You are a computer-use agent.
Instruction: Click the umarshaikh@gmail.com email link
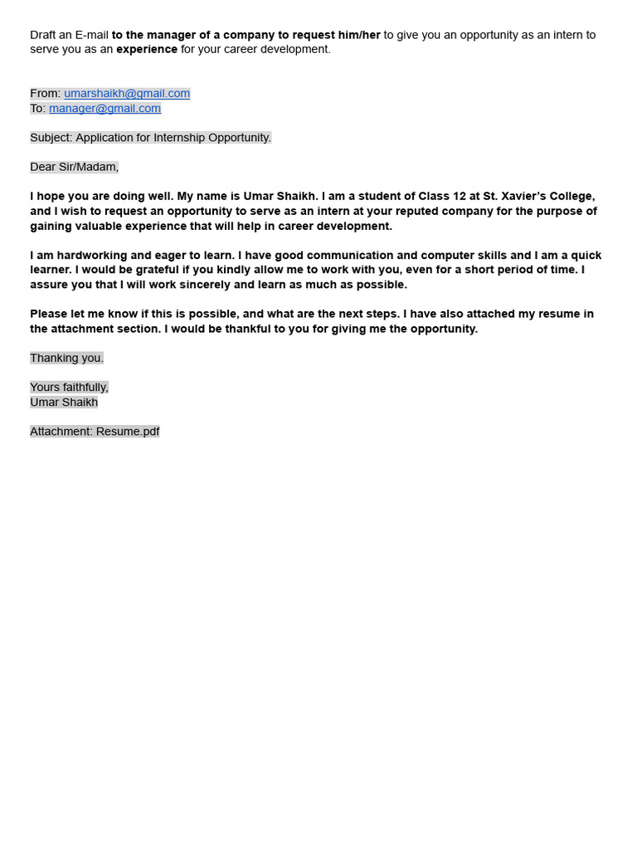[127, 94]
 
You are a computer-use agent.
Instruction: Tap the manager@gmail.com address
[105, 109]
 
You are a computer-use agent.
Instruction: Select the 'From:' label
[45, 94]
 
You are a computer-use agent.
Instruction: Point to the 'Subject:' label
[51, 138]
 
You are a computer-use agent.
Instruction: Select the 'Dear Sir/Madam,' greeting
[75, 167]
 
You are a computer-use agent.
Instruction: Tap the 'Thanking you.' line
[67, 359]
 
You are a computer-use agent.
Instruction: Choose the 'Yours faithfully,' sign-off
[70, 388]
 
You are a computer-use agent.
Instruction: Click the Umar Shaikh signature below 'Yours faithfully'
[64, 403]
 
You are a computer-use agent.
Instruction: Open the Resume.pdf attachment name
[128, 432]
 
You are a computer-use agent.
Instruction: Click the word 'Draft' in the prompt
[43, 35]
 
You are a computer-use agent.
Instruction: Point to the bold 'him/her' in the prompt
[359, 35]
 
